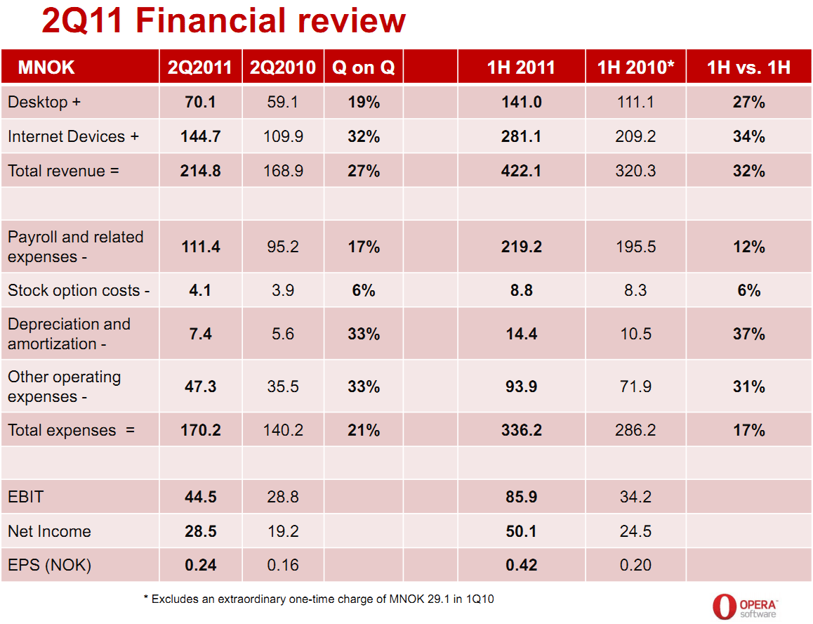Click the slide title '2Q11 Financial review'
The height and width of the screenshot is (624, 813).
[223, 21]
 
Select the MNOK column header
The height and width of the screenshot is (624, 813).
[46, 67]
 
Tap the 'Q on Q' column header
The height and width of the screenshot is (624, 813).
[364, 67]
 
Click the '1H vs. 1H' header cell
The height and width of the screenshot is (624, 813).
[748, 67]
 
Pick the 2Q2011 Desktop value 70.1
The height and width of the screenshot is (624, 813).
[201, 103]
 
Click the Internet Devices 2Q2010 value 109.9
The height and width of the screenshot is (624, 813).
[283, 136]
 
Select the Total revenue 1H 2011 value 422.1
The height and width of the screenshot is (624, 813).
[521, 171]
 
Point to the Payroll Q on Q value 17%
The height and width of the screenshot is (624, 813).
[364, 247]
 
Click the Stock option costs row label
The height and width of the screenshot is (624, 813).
[79, 290]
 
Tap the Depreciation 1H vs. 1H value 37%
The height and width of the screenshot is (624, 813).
[748, 334]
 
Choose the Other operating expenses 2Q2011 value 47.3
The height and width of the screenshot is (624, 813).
[201, 387]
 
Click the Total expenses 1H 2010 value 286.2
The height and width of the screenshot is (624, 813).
[635, 430]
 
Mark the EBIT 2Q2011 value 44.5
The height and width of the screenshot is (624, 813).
[201, 497]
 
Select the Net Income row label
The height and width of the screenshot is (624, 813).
[49, 531]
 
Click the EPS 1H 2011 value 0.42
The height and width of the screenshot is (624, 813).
[521, 565]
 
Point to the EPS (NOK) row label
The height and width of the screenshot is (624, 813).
[49, 565]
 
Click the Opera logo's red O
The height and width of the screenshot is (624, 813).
[723, 606]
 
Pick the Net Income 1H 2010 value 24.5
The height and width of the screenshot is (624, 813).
[635, 531]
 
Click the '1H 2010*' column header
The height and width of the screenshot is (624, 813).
[635, 67]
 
